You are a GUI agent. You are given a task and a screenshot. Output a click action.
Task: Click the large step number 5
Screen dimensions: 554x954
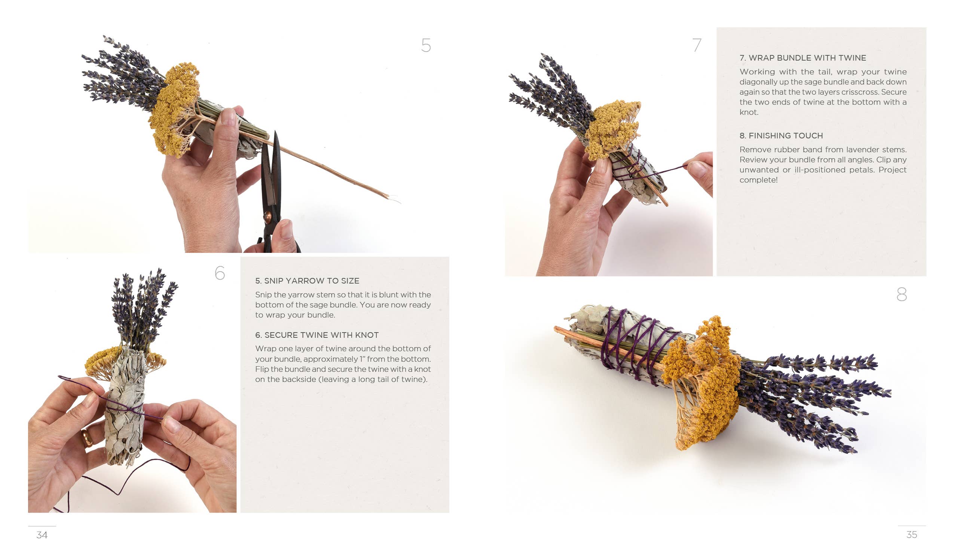click(x=426, y=45)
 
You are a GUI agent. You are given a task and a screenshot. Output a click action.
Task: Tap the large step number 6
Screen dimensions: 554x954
click(x=220, y=273)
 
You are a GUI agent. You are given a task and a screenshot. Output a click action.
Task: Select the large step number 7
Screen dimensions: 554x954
click(x=697, y=45)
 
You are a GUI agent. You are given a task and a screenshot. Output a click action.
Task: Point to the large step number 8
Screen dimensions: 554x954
click(x=901, y=294)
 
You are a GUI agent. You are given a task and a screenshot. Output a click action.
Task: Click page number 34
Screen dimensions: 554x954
click(x=42, y=535)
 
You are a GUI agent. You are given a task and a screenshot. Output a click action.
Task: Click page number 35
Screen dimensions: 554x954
click(x=912, y=535)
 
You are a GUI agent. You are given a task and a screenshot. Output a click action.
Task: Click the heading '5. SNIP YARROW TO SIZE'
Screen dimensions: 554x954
click(x=307, y=281)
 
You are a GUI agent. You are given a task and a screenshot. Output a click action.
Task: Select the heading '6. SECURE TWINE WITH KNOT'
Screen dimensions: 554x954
click(x=317, y=335)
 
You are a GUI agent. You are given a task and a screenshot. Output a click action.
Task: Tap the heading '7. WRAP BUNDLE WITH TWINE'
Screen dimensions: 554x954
click(x=802, y=58)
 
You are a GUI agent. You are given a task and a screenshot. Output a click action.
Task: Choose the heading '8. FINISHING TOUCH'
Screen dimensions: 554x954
click(x=781, y=135)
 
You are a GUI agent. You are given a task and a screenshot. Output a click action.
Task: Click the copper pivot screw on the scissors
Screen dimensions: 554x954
click(x=267, y=218)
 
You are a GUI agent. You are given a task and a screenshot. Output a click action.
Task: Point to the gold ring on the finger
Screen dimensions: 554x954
click(x=87, y=438)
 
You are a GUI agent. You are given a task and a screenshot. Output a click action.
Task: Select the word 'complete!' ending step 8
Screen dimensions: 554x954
click(x=758, y=180)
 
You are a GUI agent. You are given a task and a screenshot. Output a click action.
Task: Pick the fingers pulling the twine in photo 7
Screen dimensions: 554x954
click(x=700, y=170)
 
